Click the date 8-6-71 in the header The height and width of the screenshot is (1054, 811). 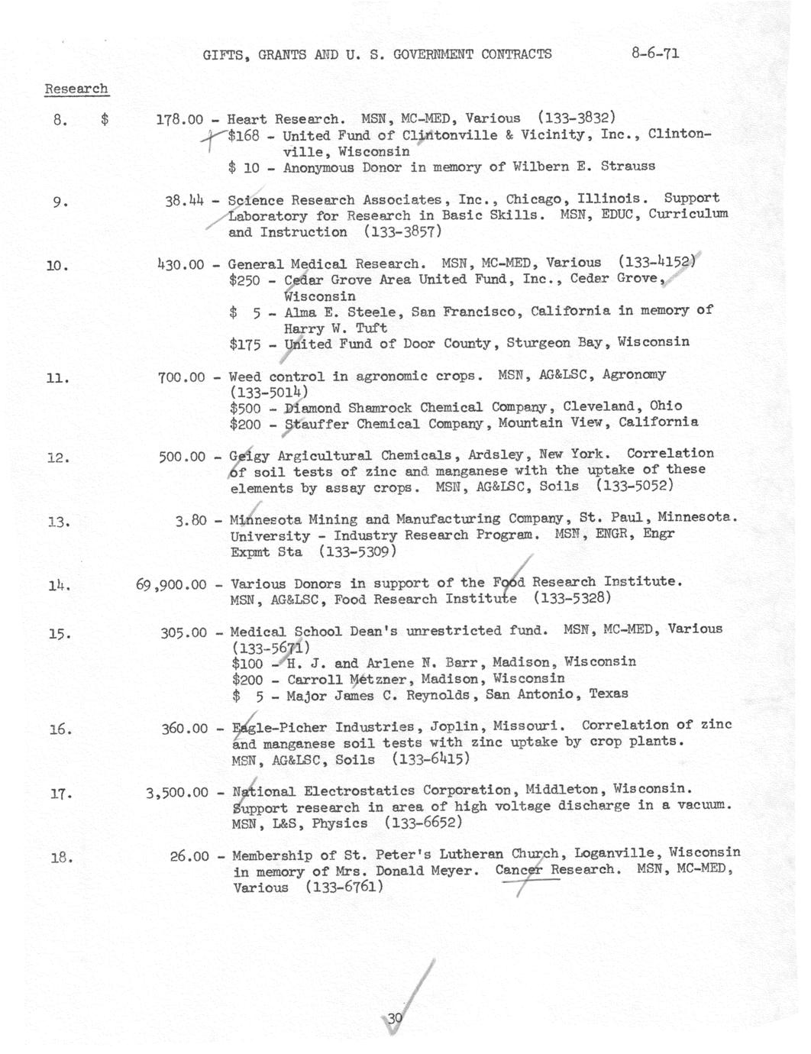655,53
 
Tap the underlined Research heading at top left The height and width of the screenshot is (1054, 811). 76,89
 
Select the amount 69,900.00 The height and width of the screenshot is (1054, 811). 171,585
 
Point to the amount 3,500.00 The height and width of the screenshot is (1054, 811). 176,792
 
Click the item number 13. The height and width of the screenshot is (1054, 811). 59,522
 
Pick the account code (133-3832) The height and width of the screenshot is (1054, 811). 577,118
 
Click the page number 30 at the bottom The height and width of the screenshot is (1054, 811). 394,1018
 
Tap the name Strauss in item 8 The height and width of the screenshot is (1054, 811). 628,166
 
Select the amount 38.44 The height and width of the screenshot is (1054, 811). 185,201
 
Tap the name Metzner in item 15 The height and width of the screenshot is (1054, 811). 350,679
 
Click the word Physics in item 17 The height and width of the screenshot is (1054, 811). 340,824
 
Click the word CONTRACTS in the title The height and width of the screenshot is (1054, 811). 515,54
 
